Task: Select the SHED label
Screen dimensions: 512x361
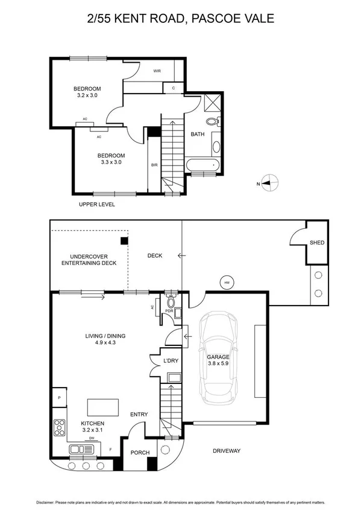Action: [317, 243]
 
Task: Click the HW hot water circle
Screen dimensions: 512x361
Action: [227, 282]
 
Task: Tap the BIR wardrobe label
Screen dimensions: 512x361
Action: [154, 164]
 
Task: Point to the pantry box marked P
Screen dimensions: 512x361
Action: [60, 398]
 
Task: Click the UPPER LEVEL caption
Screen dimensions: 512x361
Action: [96, 205]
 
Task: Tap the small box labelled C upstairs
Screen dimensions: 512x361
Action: [173, 88]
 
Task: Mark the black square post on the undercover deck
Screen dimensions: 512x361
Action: [124, 241]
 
